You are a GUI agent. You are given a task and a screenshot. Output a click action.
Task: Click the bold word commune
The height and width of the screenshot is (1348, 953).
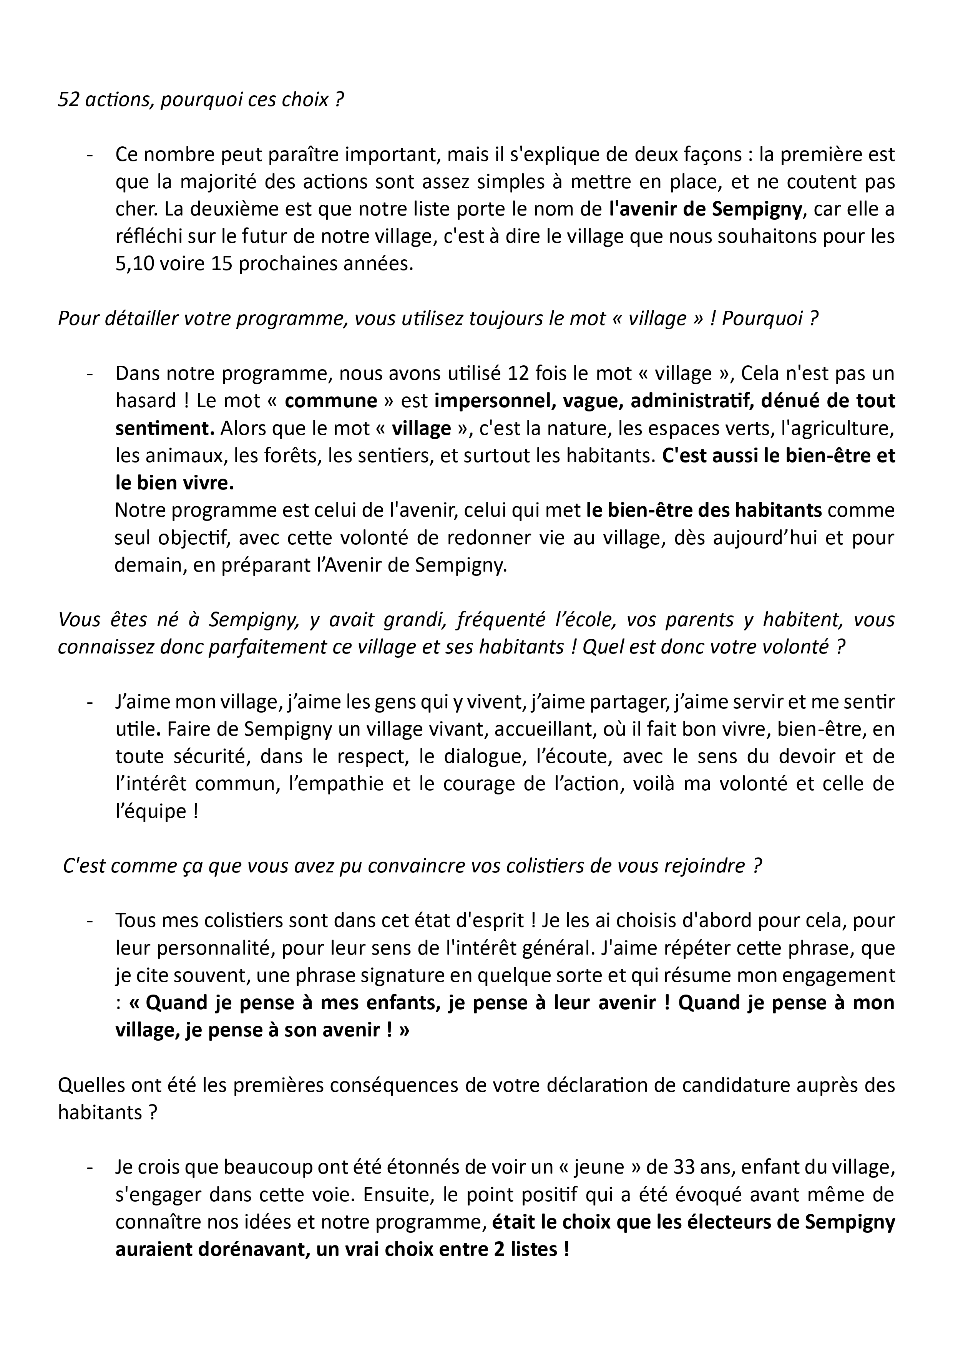(x=330, y=401)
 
